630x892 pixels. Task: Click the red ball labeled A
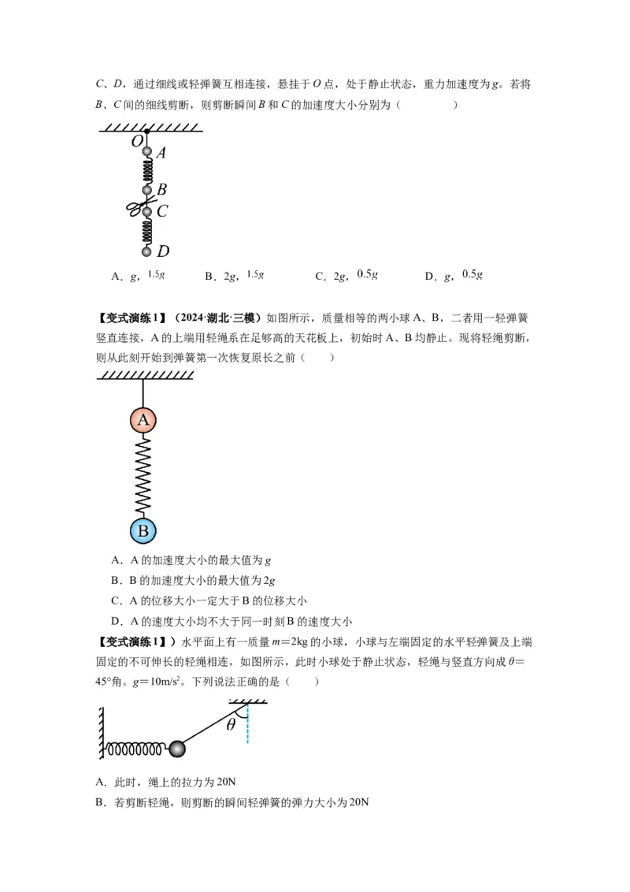click(x=143, y=420)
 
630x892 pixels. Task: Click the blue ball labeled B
click(x=143, y=531)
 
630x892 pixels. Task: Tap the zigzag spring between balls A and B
click(x=143, y=475)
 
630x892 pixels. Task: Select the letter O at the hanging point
click(x=136, y=141)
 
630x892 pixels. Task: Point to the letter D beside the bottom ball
click(x=162, y=251)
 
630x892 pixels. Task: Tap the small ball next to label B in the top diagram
click(x=146, y=190)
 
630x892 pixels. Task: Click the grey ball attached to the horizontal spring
click(x=177, y=749)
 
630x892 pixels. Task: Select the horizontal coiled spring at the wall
click(x=135, y=749)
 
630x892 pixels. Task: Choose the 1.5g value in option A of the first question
click(x=156, y=275)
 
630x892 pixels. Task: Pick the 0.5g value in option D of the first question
click(x=472, y=275)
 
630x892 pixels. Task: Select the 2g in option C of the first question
click(x=340, y=276)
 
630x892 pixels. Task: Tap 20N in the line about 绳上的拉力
click(x=226, y=782)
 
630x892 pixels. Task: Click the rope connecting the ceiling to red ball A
click(x=143, y=393)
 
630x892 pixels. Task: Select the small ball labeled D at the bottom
click(x=146, y=251)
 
